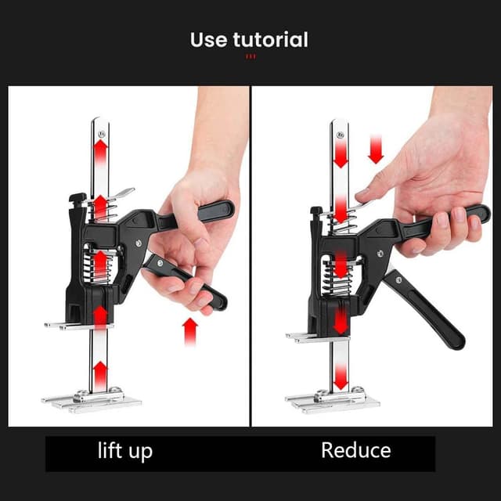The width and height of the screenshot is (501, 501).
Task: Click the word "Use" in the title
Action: [x=209, y=39]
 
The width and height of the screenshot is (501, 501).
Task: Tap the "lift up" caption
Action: [x=125, y=451]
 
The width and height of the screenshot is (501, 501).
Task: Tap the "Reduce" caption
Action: [x=355, y=451]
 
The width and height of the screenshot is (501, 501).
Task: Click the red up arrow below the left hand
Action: [x=190, y=331]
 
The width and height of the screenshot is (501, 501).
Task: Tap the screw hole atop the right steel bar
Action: [x=340, y=135]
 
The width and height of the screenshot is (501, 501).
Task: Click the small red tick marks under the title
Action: [x=250, y=56]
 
